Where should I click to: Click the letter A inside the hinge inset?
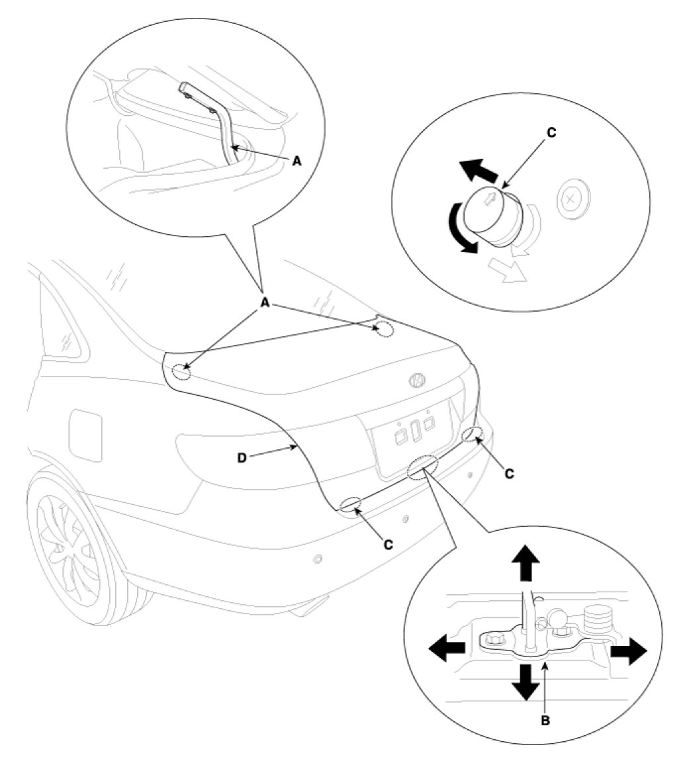296,161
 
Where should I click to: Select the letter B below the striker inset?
545,721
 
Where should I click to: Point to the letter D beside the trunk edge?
242,457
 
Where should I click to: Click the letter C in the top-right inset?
551,132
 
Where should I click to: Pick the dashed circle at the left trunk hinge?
181,372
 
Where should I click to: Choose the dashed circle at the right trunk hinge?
385,329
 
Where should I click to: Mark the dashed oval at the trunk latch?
422,466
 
